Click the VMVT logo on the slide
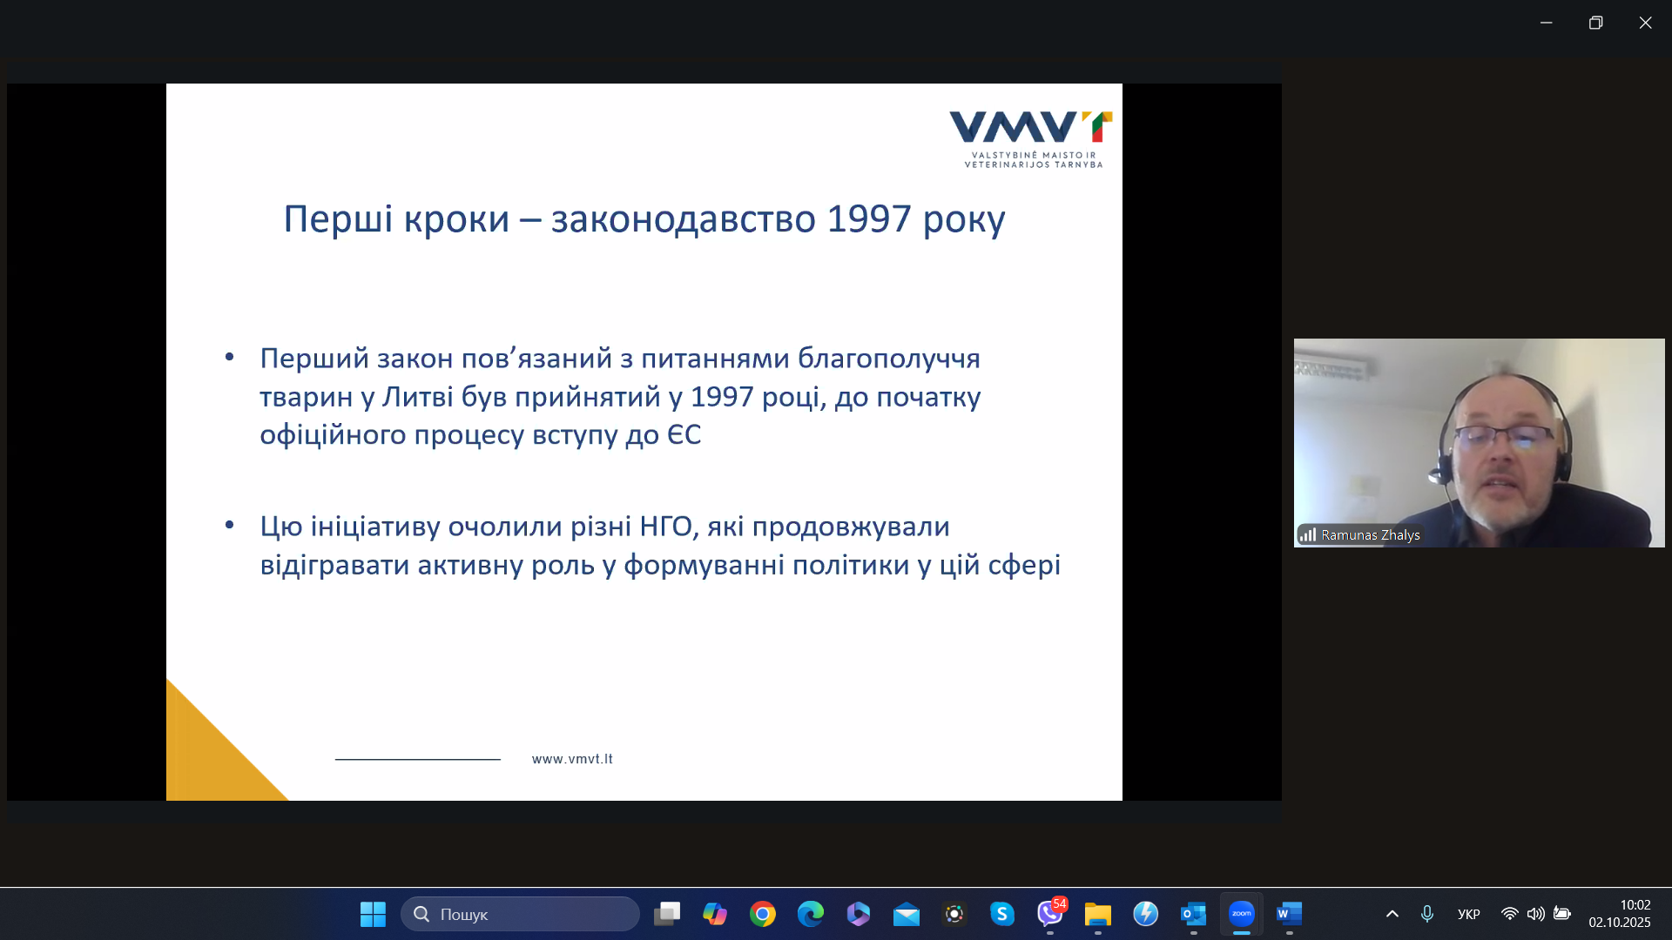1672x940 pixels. [1031, 139]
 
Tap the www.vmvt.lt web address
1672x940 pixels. [572, 759]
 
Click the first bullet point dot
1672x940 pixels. [230, 356]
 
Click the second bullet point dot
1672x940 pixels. [230, 524]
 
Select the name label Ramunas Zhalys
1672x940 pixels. [1371, 535]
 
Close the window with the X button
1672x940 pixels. [1645, 23]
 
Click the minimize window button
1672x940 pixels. [1547, 23]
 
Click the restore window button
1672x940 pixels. [1595, 23]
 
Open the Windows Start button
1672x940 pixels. [373, 914]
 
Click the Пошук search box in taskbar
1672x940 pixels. [520, 914]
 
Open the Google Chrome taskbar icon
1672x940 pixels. [763, 914]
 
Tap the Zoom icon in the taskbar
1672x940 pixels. [1242, 914]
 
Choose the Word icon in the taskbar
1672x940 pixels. [1289, 914]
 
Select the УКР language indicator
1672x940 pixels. [1469, 914]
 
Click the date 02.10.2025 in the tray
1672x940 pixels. [1620, 923]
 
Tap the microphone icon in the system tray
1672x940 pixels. [1427, 914]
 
